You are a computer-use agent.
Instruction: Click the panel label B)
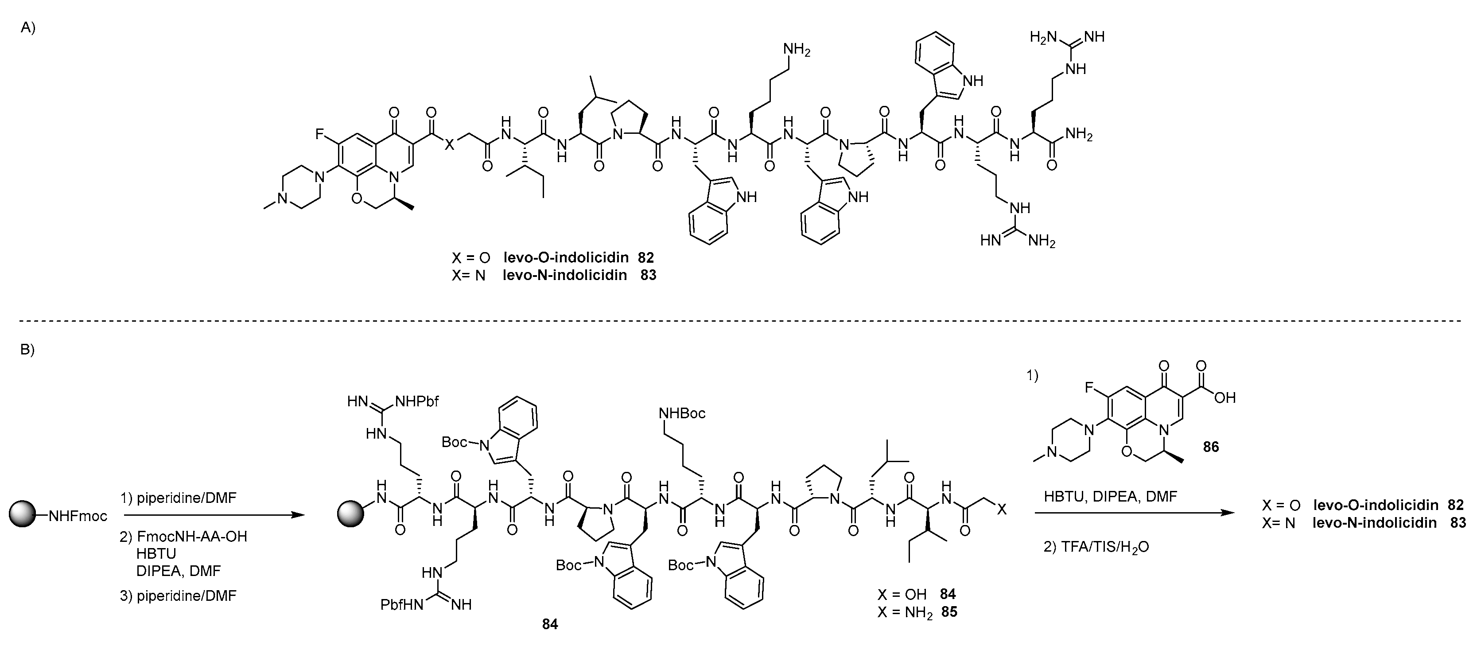pos(27,349)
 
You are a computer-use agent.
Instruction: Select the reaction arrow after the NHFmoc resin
pos(212,515)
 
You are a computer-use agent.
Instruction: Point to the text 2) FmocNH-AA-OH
pos(183,537)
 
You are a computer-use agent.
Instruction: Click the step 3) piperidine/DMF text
pos(178,595)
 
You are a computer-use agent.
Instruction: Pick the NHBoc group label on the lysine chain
pos(682,413)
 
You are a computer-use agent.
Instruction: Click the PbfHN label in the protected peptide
pos(402,605)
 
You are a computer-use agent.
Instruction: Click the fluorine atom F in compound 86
pos(1089,388)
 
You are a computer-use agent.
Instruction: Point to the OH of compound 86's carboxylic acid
pos(1225,397)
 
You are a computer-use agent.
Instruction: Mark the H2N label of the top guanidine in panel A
pos(1043,37)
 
